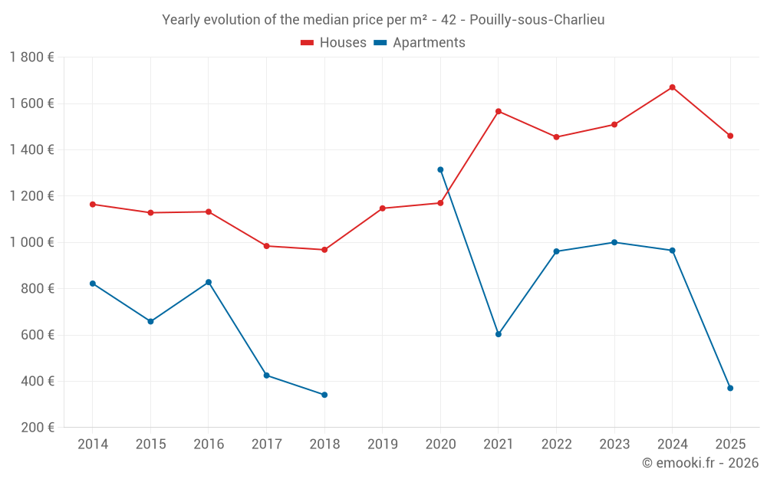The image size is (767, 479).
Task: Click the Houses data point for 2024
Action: coord(672,87)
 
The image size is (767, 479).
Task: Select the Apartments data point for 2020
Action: coord(440,169)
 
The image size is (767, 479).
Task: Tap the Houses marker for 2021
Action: coord(499,111)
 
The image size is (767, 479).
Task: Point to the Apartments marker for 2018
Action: coord(324,395)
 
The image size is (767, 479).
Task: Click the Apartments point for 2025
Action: coord(730,388)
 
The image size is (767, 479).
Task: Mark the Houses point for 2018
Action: coord(324,250)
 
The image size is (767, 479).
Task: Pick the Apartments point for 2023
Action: coord(614,242)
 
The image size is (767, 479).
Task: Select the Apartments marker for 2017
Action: coord(266,375)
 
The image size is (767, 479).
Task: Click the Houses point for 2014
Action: coord(93,205)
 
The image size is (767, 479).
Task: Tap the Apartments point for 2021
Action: coord(499,334)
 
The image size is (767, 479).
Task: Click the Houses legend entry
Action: coord(334,43)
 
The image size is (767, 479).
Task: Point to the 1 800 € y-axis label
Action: coord(31,57)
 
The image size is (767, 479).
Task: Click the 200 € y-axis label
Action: coord(37,428)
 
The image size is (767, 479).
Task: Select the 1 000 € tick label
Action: coord(31,242)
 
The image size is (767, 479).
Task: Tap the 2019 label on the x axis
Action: coord(382,445)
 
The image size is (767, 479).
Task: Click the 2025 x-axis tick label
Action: coord(730,445)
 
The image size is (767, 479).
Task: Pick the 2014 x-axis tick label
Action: coord(93,445)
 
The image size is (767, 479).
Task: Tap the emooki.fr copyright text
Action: coord(700,463)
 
